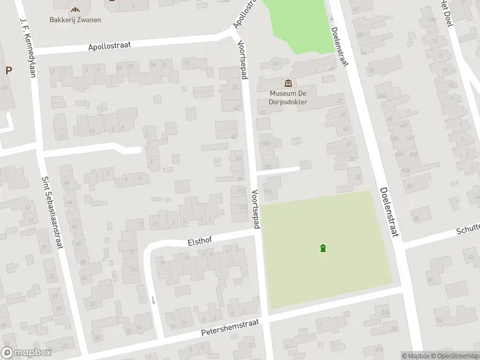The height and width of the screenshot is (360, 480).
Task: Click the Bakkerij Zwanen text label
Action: (75, 20)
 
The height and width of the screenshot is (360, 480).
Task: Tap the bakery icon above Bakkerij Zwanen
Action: (75, 9)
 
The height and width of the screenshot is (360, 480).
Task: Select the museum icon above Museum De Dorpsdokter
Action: (288, 83)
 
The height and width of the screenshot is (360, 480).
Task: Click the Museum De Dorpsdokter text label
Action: (289, 98)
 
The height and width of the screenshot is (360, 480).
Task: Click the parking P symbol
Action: (8, 70)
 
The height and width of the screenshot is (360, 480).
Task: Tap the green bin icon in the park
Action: (323, 248)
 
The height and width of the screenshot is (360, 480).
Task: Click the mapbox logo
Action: (25, 353)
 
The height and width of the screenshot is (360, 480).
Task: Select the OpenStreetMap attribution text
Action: (458, 356)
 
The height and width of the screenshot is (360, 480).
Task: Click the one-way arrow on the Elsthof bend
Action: (153, 300)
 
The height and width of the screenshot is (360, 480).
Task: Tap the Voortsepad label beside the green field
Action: (256, 209)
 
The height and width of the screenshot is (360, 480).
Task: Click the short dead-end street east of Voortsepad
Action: (278, 170)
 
